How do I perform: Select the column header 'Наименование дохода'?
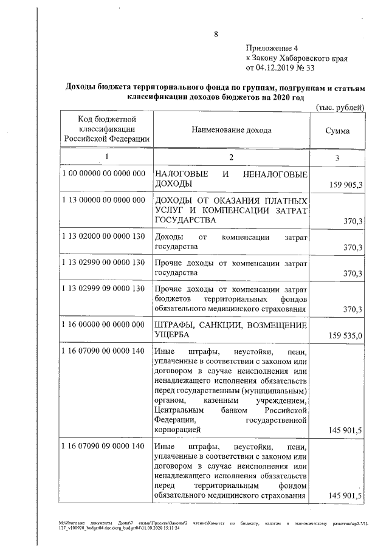tap(232, 130)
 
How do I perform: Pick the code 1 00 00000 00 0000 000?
tap(104, 174)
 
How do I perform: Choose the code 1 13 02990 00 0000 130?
tap(104, 263)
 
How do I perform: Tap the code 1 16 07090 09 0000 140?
tap(104, 446)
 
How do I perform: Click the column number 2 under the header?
tap(231, 157)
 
